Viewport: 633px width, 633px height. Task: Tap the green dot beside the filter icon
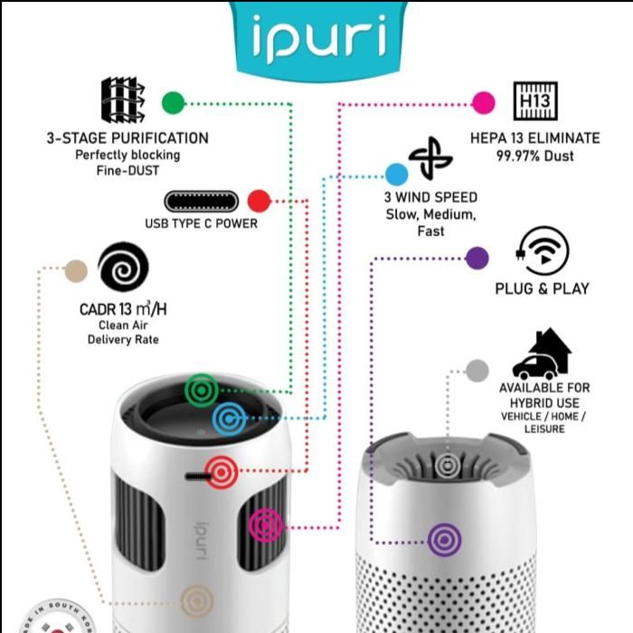tap(173, 102)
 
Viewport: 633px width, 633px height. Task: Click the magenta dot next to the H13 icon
tap(484, 102)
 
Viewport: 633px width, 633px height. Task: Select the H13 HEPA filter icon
tap(534, 101)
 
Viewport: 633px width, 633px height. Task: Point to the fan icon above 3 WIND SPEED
tap(430, 159)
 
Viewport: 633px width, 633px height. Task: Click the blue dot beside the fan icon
tap(396, 175)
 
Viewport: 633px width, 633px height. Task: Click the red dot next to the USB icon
tap(259, 200)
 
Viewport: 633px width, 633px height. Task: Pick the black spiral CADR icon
tap(123, 268)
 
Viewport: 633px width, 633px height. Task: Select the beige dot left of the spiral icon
tap(76, 269)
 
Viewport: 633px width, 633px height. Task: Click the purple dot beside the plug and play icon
tap(477, 258)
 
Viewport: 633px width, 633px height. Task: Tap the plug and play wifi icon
tap(543, 250)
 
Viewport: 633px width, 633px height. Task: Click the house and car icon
tap(542, 354)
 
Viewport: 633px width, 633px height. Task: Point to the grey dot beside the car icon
tap(477, 370)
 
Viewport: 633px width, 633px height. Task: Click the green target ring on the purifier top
tap(201, 390)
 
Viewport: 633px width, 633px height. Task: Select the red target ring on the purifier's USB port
tap(222, 472)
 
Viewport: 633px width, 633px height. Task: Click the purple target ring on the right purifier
tap(444, 540)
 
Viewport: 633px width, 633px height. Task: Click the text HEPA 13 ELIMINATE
tap(534, 138)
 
